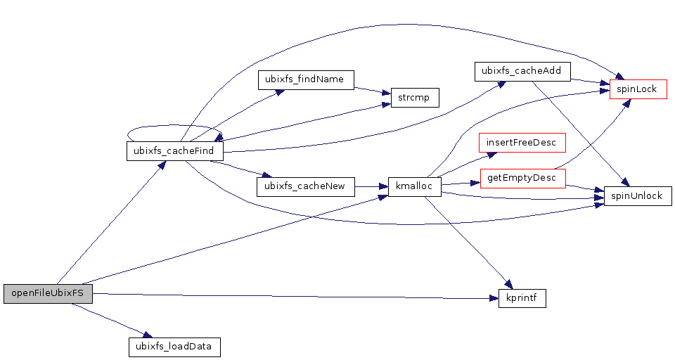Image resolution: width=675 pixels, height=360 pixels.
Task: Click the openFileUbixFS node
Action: pos(48,294)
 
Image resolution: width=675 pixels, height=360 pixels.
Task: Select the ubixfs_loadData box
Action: pos(174,346)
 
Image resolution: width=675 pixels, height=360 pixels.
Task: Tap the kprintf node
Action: pos(522,298)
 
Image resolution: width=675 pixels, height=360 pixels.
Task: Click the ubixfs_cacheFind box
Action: pos(175,151)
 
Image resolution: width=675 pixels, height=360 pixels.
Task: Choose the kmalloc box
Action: pos(414,187)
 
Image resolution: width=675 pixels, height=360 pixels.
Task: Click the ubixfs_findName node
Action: pos(305,79)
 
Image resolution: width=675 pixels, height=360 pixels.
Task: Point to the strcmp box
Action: pos(410,98)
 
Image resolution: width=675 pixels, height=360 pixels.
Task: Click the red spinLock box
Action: pos(637,89)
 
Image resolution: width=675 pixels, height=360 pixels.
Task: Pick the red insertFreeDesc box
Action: pos(522,143)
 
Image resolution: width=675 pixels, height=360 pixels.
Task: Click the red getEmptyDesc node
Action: pos(522,179)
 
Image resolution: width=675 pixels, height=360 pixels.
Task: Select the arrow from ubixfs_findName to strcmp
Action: pos(371,90)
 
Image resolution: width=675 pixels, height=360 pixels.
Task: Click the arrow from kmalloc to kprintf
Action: pos(468,243)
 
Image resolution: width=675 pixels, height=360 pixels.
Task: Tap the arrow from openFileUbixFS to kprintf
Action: pos(295,296)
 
